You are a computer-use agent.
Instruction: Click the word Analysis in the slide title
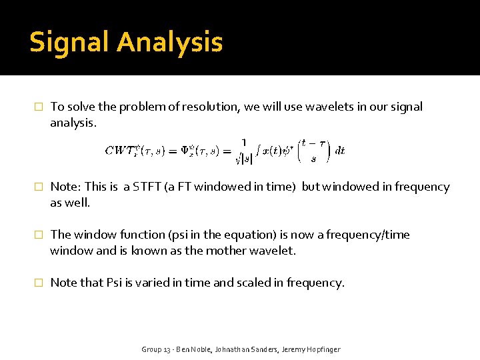169,42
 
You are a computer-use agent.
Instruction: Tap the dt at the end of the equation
340,151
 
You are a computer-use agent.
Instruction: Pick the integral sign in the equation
259,151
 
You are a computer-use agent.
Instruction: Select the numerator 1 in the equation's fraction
243,142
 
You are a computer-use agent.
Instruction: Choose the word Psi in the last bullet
114,283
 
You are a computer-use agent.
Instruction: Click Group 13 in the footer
158,349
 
